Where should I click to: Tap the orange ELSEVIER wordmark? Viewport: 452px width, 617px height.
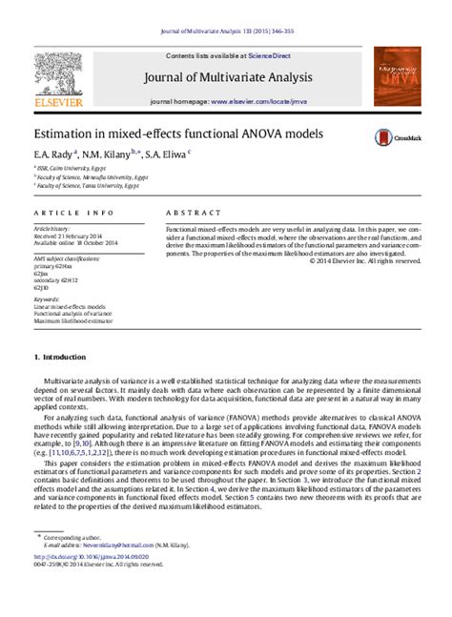pos(60,101)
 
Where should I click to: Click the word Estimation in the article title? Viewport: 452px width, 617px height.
pos(63,134)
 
